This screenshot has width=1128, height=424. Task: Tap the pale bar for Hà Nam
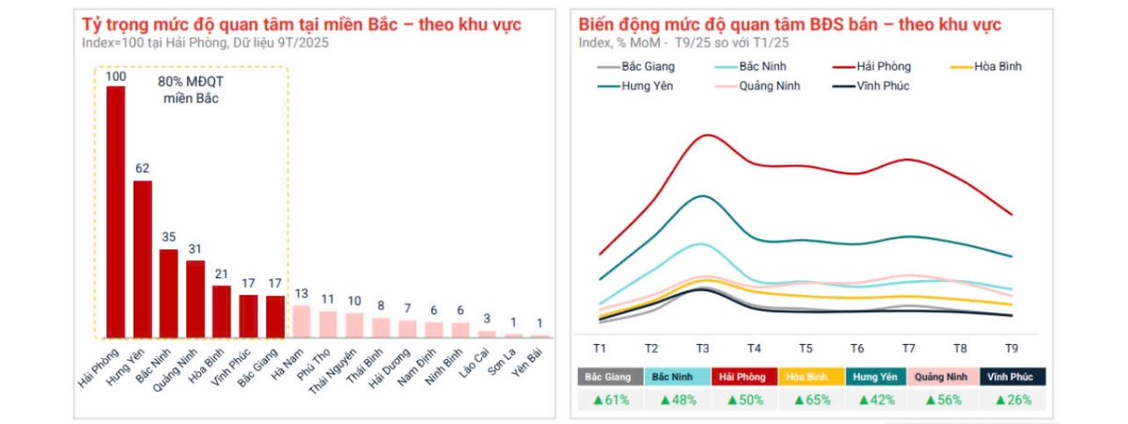tap(302, 321)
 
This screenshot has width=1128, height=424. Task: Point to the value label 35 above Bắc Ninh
tap(169, 237)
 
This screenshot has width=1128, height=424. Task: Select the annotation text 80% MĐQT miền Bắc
tap(190, 89)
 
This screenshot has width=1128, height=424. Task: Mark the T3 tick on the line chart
tap(704, 348)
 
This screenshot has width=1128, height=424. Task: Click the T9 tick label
tap(1010, 348)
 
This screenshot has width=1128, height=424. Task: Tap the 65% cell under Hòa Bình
tap(811, 400)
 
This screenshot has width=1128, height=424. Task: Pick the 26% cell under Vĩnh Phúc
tap(1011, 400)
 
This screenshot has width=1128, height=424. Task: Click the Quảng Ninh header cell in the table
tap(945, 377)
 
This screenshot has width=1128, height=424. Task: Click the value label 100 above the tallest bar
tap(116, 75)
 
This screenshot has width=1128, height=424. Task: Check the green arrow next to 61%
tap(596, 400)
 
